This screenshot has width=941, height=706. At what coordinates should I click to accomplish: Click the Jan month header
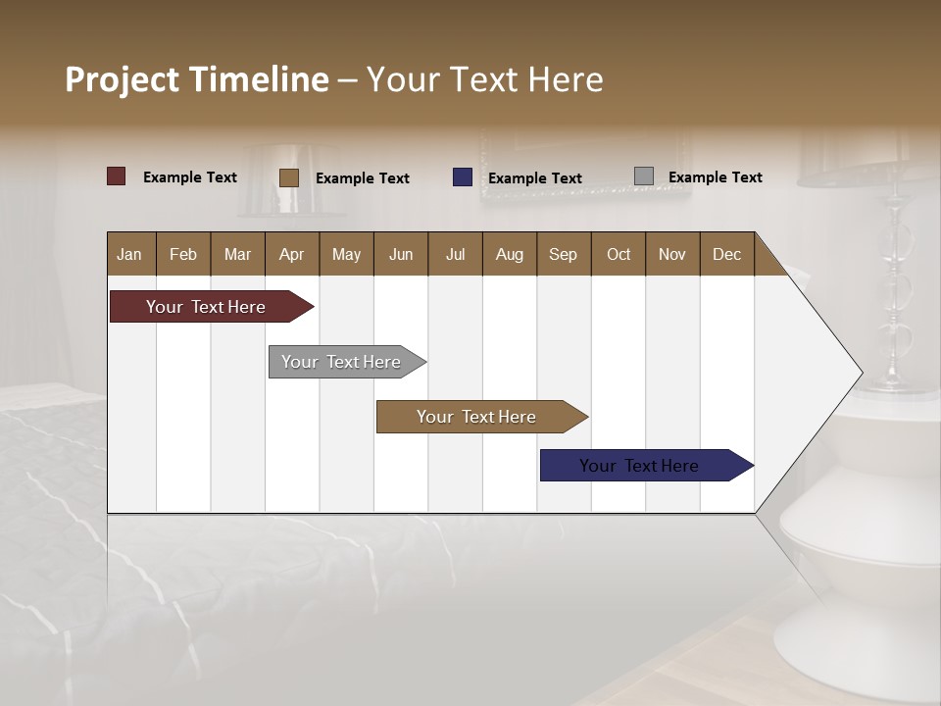point(130,254)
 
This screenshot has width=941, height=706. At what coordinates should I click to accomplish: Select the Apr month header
point(291,254)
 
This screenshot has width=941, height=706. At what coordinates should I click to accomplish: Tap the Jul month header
point(455,254)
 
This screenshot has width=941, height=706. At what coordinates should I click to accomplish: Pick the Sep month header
point(563,254)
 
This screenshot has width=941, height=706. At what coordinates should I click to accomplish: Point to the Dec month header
point(726,254)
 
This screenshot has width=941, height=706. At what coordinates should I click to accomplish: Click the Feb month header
point(183,254)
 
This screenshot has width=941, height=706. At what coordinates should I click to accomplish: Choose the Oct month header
point(619,254)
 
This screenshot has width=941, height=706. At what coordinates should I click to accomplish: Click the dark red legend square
point(117,176)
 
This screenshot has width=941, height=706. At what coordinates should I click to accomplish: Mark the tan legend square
point(289,177)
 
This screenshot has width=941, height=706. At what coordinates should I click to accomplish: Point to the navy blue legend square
point(463,177)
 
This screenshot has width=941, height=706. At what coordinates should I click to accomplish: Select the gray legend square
point(644,176)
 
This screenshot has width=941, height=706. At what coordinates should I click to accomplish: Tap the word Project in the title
point(123,79)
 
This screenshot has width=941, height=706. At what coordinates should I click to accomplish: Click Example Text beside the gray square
point(715,177)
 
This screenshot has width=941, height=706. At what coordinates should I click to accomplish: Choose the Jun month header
point(401,254)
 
